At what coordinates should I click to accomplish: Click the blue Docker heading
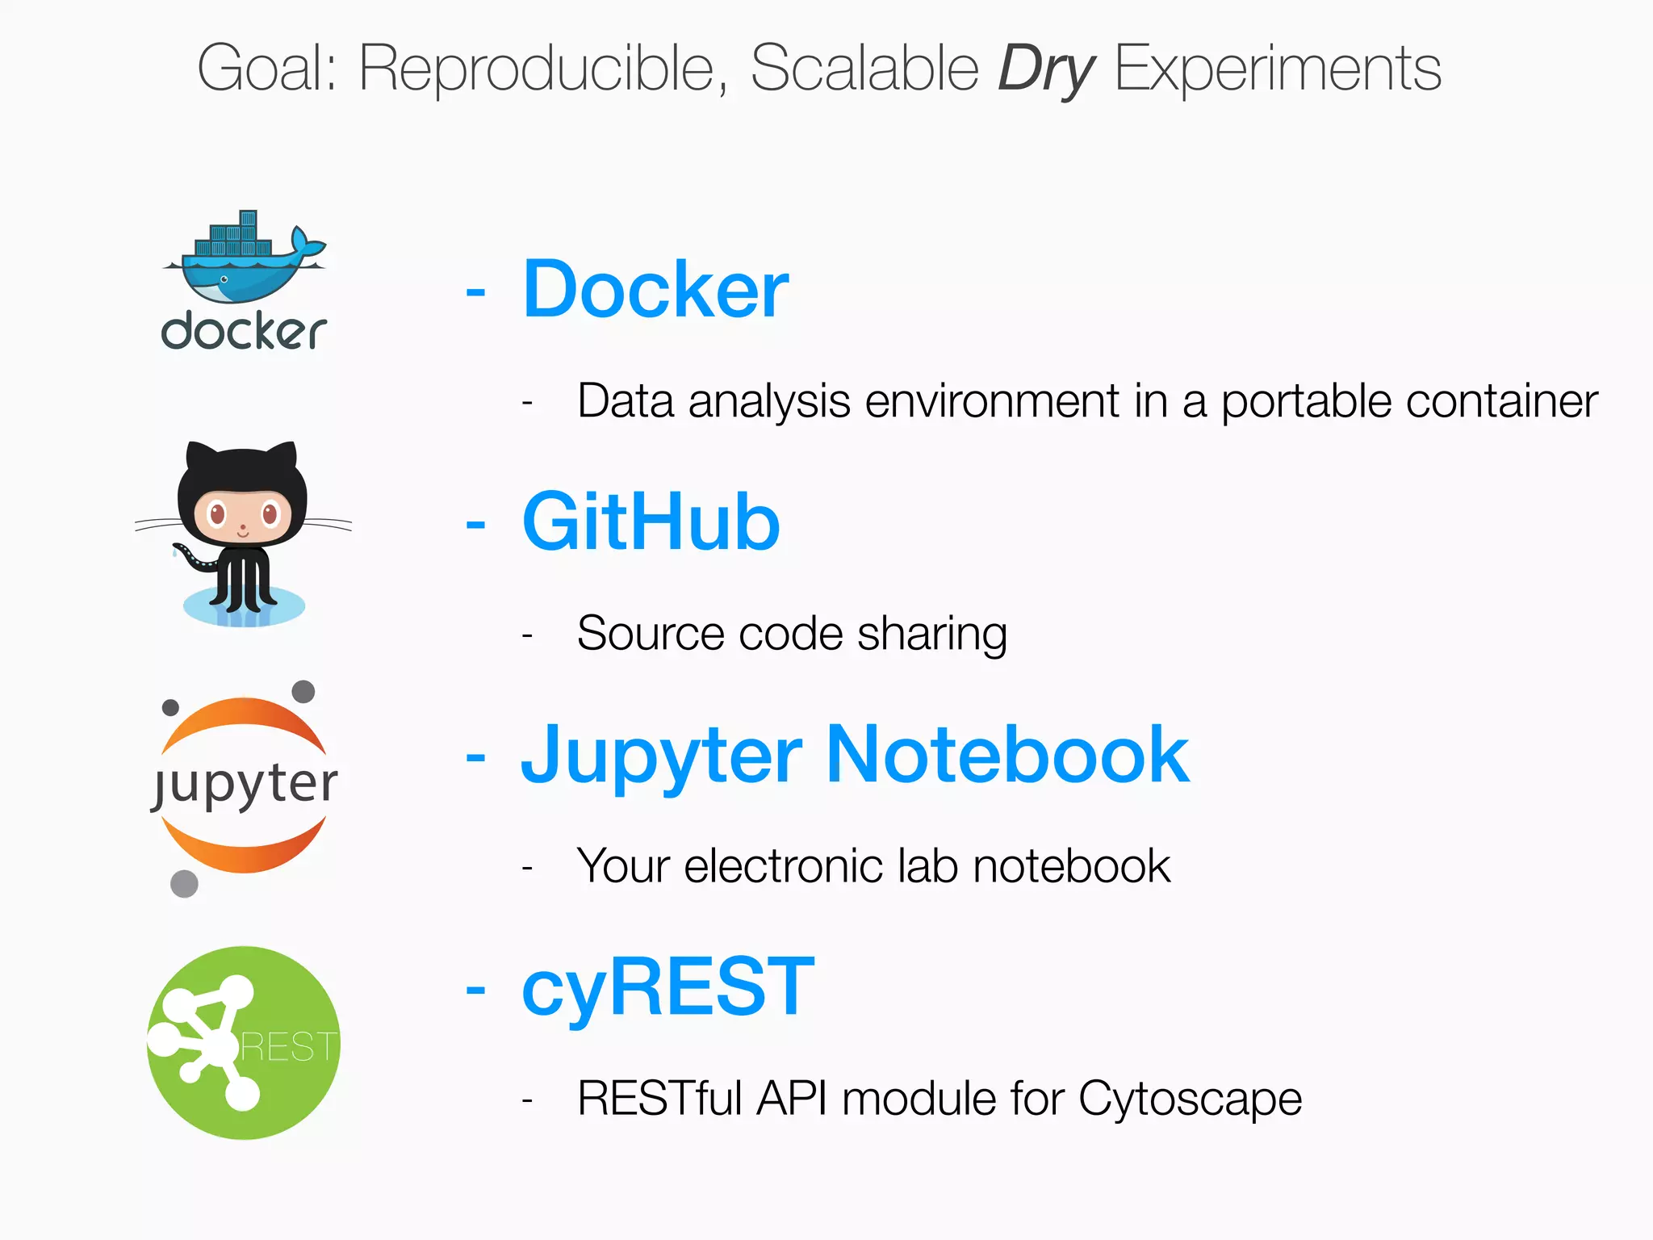point(655,290)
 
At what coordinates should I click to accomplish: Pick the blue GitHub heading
point(651,522)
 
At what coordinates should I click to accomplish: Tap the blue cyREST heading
point(667,987)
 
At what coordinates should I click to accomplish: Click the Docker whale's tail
point(306,243)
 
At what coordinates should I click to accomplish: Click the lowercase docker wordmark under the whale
point(244,331)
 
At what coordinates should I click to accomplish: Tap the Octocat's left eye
point(216,513)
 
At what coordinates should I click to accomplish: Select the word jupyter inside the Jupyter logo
point(245,784)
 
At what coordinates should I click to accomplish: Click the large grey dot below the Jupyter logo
point(184,883)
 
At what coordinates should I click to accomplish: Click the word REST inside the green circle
point(288,1047)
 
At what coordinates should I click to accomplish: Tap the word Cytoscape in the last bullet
point(1190,1100)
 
